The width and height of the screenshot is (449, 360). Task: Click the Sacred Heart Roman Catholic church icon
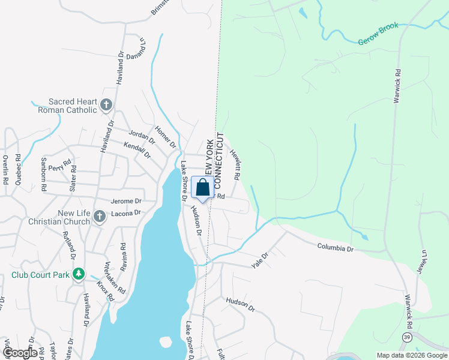(106, 106)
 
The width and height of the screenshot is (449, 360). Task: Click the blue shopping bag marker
(203, 188)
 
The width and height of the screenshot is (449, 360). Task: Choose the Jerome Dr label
(125, 201)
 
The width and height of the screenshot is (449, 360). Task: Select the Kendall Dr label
(137, 149)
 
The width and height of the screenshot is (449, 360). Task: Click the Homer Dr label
(165, 137)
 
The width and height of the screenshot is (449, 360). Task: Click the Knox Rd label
(105, 290)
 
